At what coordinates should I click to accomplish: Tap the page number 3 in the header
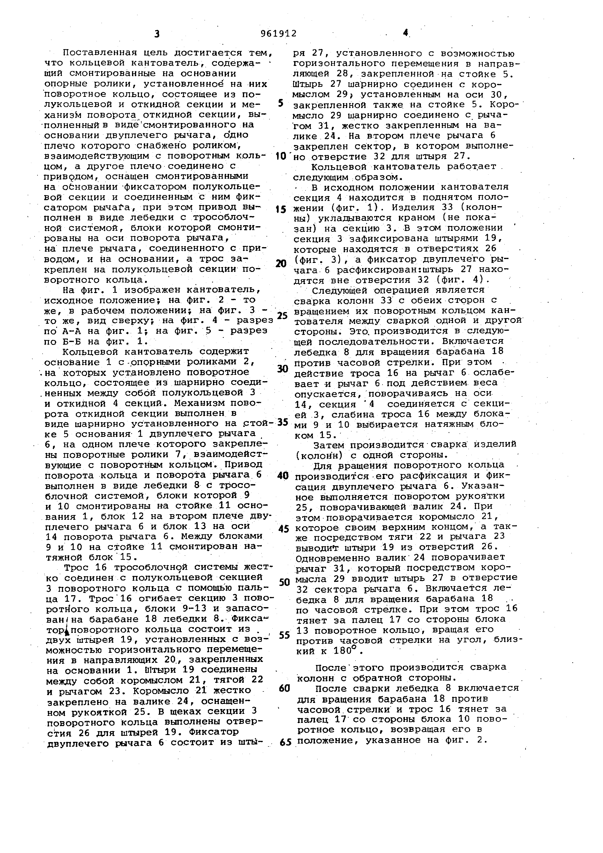tap(157, 34)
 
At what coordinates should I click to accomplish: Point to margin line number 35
tap(283, 422)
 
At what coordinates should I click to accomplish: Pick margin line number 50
tap(284, 582)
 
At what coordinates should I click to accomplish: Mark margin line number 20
tap(282, 264)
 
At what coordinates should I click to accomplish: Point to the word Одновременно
tap(333, 558)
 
